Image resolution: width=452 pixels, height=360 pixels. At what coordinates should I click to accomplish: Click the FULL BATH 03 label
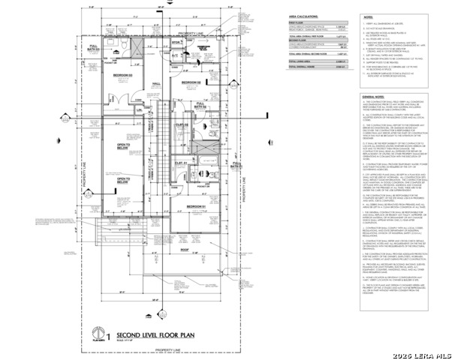coord(95,49)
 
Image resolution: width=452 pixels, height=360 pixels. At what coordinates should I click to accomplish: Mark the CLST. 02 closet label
coord(182,124)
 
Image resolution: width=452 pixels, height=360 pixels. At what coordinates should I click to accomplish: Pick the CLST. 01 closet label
coord(180,162)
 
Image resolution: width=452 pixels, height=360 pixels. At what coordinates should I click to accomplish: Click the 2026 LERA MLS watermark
coord(421,352)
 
